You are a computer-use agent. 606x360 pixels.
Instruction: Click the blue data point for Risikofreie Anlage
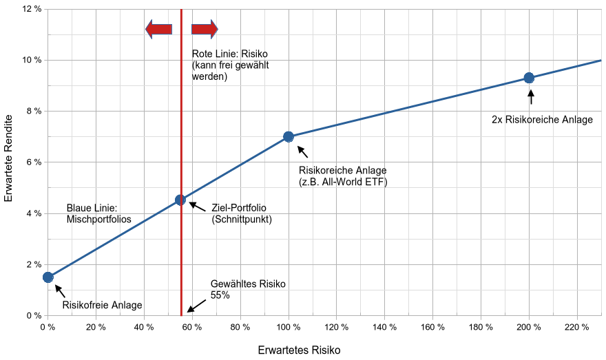48,277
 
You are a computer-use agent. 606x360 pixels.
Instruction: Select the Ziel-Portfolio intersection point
180,200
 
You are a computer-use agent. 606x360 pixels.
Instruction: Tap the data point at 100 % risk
289,137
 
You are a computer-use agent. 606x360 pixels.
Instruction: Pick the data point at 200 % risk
529,78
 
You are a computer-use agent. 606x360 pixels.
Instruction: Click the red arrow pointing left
158,29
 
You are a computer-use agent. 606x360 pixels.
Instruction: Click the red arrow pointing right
205,29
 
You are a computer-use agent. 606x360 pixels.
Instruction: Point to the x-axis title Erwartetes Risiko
299,350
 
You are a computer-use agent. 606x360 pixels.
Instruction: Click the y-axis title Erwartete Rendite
9,163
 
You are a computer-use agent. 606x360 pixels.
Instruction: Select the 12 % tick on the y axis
32,9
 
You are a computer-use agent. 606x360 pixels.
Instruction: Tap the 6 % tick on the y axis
32,162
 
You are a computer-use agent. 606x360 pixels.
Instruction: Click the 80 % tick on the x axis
240,327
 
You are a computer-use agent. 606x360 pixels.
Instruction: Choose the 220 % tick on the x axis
577,327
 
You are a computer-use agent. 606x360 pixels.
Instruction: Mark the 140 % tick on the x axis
384,327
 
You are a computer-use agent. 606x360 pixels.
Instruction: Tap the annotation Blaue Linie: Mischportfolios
99,213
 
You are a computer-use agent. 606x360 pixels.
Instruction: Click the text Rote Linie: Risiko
229,54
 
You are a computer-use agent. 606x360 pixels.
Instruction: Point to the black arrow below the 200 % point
530,96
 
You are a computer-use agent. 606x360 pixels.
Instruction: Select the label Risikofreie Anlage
103,306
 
